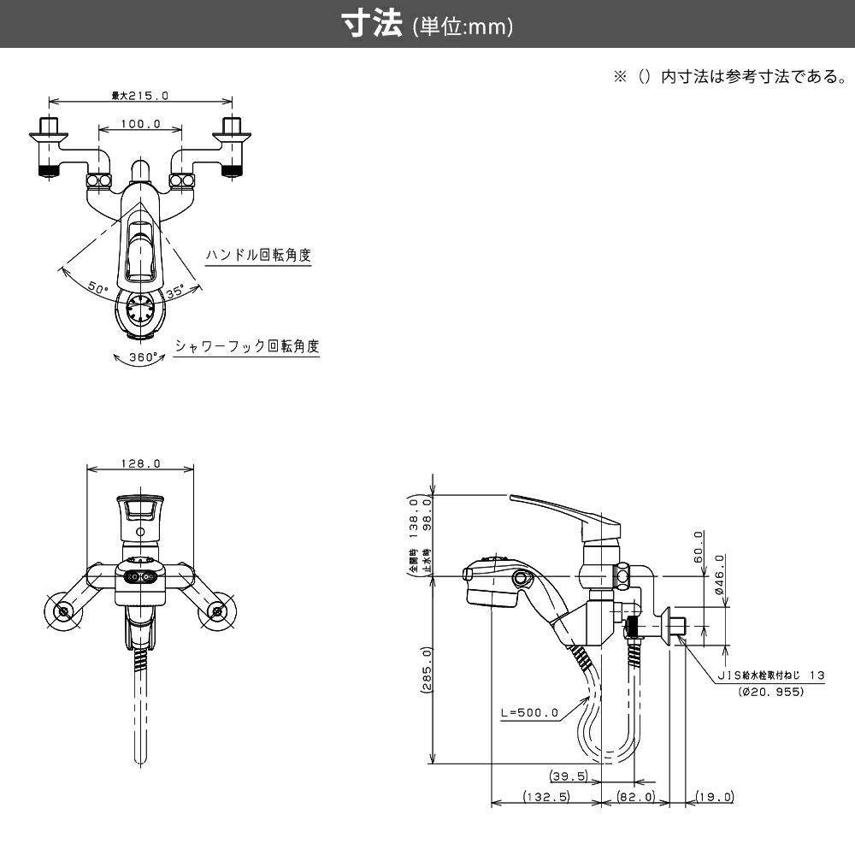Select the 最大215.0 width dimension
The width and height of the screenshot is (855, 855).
[x=139, y=96]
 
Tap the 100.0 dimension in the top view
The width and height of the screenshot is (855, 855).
[x=141, y=124]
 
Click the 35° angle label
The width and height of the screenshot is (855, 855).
[x=175, y=292]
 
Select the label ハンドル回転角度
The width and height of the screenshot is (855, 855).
[x=257, y=255]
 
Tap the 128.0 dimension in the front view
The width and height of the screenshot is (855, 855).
[x=141, y=463]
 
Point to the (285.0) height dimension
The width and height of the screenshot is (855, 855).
[x=425, y=670]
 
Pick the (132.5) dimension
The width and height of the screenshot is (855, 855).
[x=547, y=797]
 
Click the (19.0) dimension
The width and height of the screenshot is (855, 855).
[x=715, y=797]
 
